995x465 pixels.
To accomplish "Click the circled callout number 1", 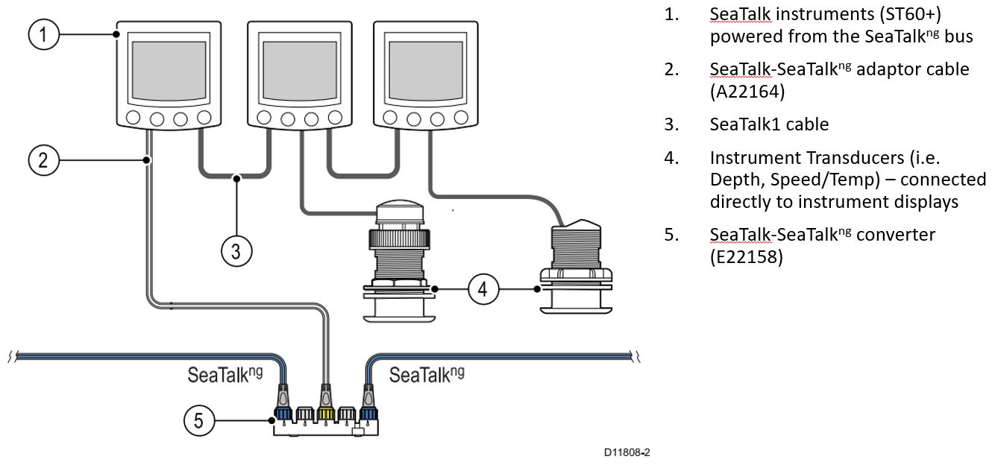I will (44, 35).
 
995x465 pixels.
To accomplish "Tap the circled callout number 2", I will (44, 160).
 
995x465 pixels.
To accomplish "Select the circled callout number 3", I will (236, 251).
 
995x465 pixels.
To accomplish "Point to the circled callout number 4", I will (483, 288).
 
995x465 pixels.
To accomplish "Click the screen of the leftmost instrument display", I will (168, 72).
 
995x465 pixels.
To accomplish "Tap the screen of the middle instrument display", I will (299, 72).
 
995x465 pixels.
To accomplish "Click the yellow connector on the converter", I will (325, 412).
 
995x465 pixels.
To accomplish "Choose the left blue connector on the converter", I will (284, 412).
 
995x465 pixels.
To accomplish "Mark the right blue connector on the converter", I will (368, 412).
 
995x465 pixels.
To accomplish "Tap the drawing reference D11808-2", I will (627, 452).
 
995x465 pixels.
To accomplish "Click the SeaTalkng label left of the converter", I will (225, 374).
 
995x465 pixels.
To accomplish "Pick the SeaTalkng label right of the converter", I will (426, 374).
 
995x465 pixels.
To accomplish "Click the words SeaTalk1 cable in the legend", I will (769, 124).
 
